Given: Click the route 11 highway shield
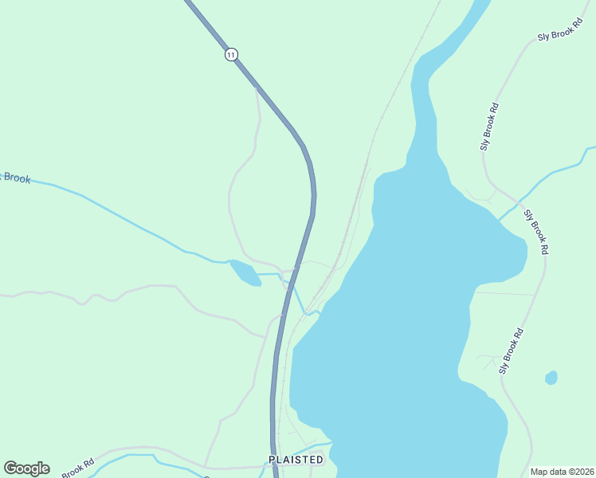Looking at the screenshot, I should (x=231, y=54).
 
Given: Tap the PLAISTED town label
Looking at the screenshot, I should (x=296, y=460).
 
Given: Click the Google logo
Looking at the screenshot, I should (x=26, y=468).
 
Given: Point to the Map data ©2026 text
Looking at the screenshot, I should (x=561, y=472).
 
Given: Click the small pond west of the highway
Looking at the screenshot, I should (x=245, y=272).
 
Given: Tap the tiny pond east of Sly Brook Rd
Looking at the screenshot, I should (x=551, y=378).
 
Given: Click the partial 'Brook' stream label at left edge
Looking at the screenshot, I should (x=14, y=177).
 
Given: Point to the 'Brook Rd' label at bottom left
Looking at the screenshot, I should (x=77, y=468).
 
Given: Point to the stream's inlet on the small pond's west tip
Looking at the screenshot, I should (x=229, y=261).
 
